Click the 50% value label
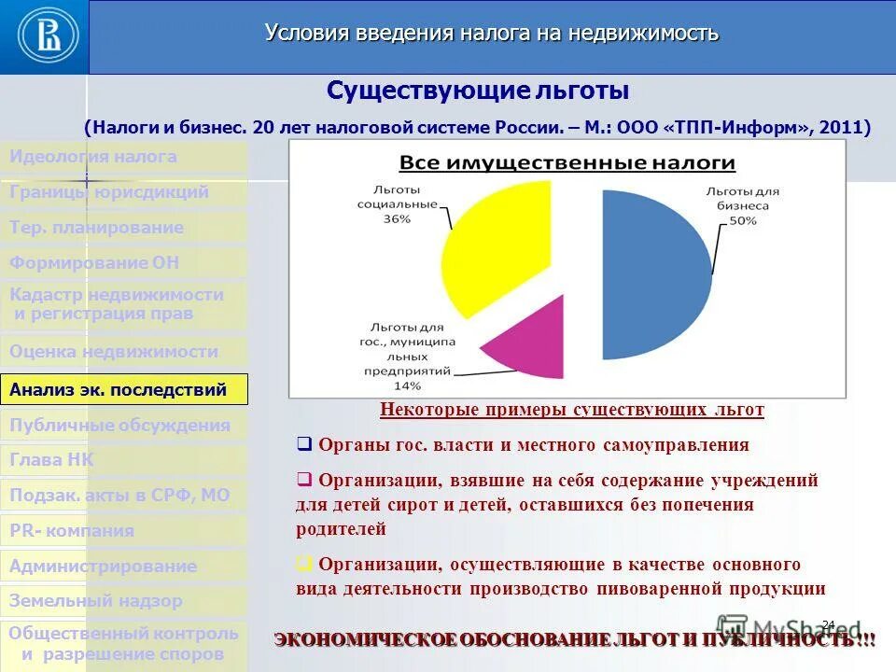[743, 220]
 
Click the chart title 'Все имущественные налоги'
[567, 163]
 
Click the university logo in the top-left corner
[44, 36]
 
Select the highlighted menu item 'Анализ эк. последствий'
[124, 390]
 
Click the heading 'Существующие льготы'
[478, 91]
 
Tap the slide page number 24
[827, 623]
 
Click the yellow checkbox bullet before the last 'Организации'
[303, 564]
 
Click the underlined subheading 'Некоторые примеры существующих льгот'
[572, 410]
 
